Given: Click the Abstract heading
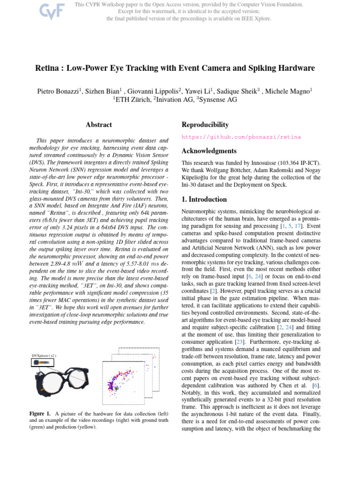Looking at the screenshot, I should coord(99,125).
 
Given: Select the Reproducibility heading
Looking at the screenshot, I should coord(205,125).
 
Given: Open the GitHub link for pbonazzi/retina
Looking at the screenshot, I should coord(241,137).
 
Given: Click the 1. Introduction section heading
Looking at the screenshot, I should coord(204,199).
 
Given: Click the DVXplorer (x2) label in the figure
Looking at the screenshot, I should coord(45,356).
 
